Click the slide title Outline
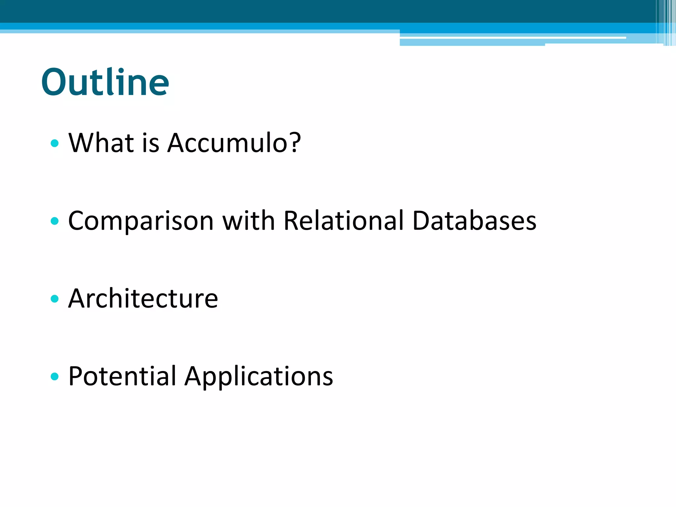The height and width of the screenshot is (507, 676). click(x=105, y=82)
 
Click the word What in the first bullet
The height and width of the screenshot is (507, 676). click(x=101, y=143)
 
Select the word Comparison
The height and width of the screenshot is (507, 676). click(x=141, y=221)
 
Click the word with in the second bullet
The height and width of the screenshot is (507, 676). click(x=249, y=220)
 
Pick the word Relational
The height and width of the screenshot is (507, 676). click(x=343, y=220)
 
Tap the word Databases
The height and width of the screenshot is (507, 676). click(x=474, y=220)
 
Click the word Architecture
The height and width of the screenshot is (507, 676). click(x=143, y=298)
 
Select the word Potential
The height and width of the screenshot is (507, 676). click(x=122, y=376)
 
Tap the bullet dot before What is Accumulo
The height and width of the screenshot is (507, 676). click(x=55, y=143)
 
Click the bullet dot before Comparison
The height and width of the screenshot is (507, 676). click(x=55, y=221)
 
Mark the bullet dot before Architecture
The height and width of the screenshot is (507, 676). click(x=55, y=299)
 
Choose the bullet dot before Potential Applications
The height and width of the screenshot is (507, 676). click(x=55, y=376)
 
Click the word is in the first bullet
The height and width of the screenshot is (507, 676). click(x=151, y=143)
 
